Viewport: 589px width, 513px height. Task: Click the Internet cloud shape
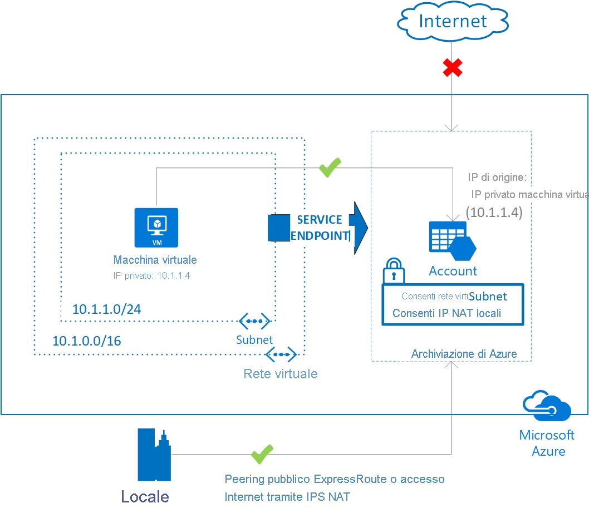(453, 22)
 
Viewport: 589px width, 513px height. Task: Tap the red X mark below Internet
(452, 68)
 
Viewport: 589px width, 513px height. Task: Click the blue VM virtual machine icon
(156, 227)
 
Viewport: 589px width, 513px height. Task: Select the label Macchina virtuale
(155, 260)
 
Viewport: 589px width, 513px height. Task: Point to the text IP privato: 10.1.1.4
(152, 275)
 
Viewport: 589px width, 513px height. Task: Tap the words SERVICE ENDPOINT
(320, 228)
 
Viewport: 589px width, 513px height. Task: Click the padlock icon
(394, 270)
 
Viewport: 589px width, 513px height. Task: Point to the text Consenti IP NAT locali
(446, 313)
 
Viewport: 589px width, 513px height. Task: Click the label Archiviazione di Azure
(464, 354)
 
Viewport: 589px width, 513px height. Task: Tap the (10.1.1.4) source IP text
(494, 212)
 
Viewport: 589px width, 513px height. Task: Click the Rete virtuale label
(281, 373)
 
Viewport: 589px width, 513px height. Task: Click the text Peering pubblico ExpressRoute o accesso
(335, 479)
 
